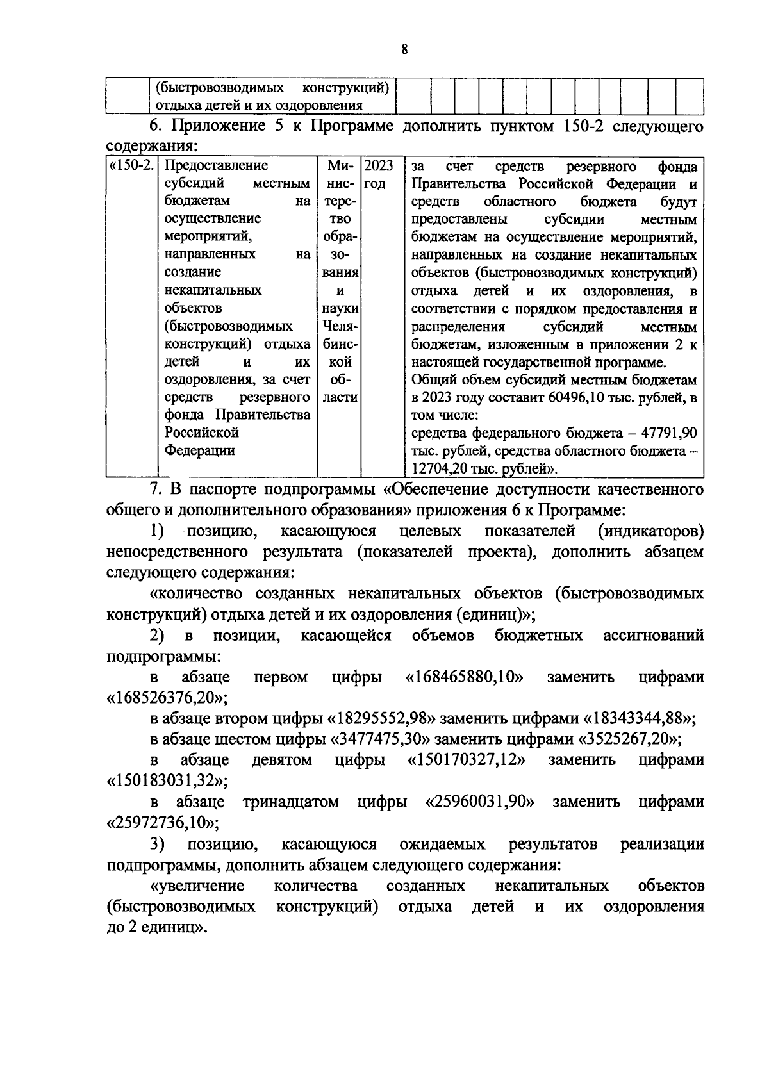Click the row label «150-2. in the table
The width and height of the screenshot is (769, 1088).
tap(132, 166)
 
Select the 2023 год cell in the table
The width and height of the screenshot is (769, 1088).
tap(378, 174)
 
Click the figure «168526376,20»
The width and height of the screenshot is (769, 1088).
tap(167, 698)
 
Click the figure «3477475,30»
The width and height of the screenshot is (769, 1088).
tap(379, 739)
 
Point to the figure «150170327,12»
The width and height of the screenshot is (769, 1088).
tap(467, 760)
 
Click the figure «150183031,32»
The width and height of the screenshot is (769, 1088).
tap(167, 780)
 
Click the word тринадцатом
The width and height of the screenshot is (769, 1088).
tap(291, 802)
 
